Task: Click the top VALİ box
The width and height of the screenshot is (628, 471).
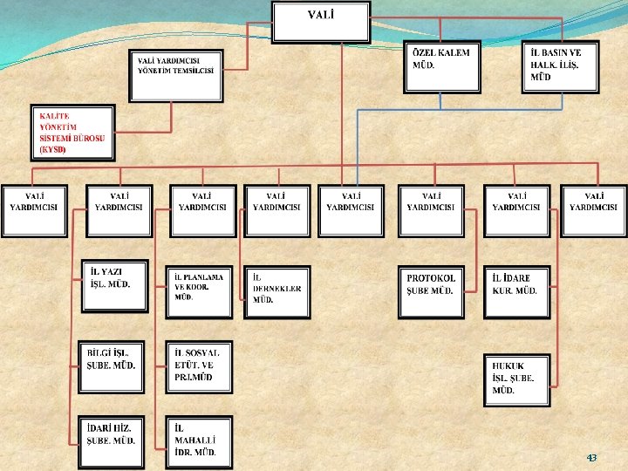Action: (321, 22)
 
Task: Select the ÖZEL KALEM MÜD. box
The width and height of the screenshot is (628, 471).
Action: (440, 66)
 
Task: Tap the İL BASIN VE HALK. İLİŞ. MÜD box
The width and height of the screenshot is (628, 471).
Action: (561, 66)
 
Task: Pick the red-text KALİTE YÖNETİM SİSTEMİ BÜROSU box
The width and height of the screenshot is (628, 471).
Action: (74, 133)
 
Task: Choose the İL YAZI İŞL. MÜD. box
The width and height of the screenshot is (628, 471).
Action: (114, 285)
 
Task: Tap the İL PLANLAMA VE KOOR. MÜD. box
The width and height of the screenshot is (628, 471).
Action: (200, 291)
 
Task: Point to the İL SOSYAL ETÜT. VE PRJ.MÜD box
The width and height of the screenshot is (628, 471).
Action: (200, 366)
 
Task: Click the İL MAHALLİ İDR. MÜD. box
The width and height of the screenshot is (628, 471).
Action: (200, 442)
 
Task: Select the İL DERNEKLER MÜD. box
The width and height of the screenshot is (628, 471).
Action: (277, 292)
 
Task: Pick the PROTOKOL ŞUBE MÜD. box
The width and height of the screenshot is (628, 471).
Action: (431, 291)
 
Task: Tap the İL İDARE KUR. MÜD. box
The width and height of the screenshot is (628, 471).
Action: (518, 291)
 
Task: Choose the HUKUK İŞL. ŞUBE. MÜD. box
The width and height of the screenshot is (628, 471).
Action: (518, 379)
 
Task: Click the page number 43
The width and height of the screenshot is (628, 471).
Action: (591, 457)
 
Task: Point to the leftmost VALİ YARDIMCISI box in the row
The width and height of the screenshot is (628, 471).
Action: (35, 210)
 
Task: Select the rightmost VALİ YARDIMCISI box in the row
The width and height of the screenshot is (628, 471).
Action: (594, 210)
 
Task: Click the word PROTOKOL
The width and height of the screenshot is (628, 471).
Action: (431, 278)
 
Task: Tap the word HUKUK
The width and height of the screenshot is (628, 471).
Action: (508, 366)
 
